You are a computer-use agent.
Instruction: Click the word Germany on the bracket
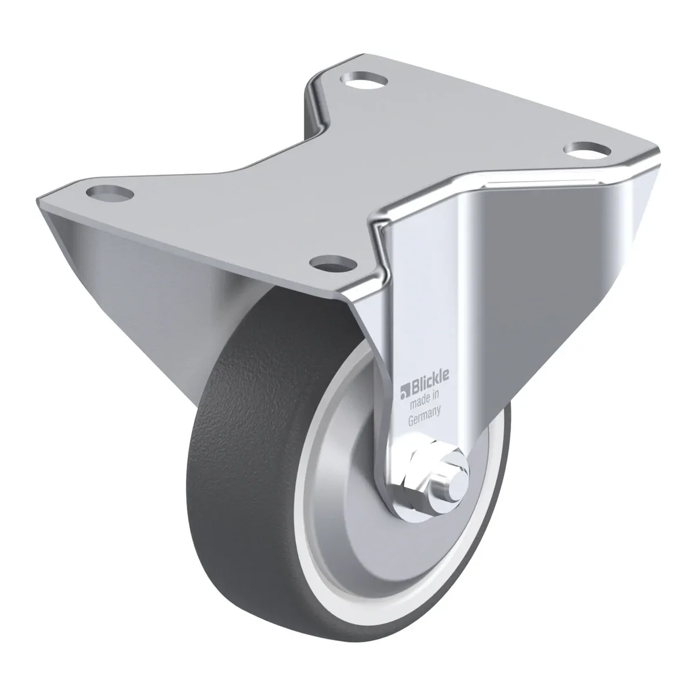pyautogui.click(x=425, y=417)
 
